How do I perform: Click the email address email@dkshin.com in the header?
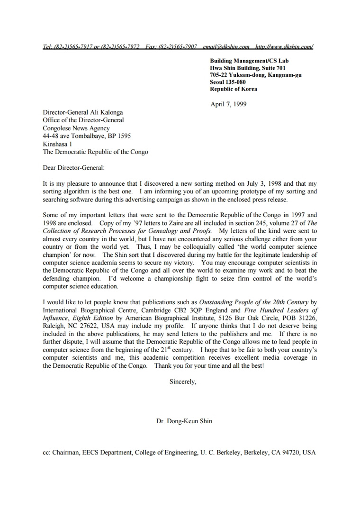click(x=226, y=46)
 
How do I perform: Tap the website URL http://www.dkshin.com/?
click(x=284, y=46)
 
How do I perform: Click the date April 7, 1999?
click(x=228, y=104)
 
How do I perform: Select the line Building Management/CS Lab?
click(x=249, y=61)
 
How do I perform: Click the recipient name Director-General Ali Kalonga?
click(x=83, y=112)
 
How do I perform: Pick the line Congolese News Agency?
click(x=76, y=128)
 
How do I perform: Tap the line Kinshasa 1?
click(x=57, y=144)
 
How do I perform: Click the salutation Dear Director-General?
click(x=73, y=167)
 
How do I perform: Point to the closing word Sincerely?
click(x=183, y=382)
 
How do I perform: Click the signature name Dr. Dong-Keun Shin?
click(x=184, y=421)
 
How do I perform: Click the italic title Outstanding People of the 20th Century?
click(x=254, y=302)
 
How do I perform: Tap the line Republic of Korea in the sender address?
click(x=234, y=89)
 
